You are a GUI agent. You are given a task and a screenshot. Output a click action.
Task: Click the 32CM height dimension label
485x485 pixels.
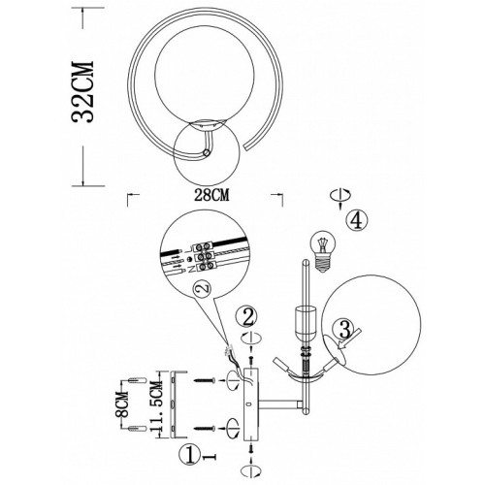click(82, 91)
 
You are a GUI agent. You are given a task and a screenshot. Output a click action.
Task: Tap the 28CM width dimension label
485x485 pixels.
click(211, 195)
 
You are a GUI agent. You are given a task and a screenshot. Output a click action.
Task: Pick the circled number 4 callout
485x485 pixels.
click(357, 221)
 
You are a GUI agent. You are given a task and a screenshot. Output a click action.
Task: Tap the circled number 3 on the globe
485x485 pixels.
click(345, 330)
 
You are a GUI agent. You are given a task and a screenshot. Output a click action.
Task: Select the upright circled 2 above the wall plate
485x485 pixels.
click(247, 317)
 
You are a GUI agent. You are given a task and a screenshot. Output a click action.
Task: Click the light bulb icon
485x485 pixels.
click(323, 251)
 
